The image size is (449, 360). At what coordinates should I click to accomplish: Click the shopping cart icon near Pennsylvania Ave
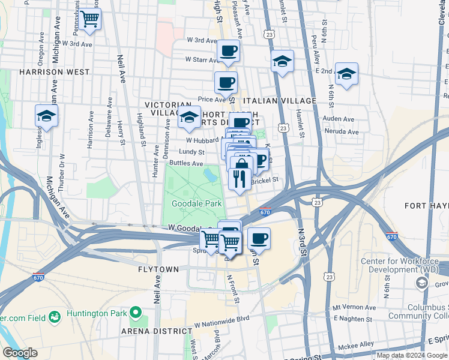click(x=89, y=19)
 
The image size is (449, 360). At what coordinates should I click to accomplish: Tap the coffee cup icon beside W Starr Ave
click(x=228, y=51)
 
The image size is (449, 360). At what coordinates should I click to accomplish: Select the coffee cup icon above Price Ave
click(x=226, y=83)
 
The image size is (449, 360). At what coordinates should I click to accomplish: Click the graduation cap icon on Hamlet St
click(x=282, y=61)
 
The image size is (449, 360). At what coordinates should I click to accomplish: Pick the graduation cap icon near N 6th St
click(x=346, y=74)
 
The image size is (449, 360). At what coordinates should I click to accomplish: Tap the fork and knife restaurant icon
click(x=240, y=178)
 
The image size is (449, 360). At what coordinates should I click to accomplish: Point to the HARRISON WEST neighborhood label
click(x=54, y=72)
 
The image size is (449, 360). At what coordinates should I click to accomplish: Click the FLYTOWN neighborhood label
click(x=158, y=269)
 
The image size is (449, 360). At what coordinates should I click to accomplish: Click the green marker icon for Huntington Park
click(x=136, y=313)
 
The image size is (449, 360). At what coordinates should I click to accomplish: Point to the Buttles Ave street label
click(x=186, y=163)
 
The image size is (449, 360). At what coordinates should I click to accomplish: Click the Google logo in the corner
click(x=20, y=352)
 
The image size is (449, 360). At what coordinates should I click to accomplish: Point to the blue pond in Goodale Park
click(x=211, y=175)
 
